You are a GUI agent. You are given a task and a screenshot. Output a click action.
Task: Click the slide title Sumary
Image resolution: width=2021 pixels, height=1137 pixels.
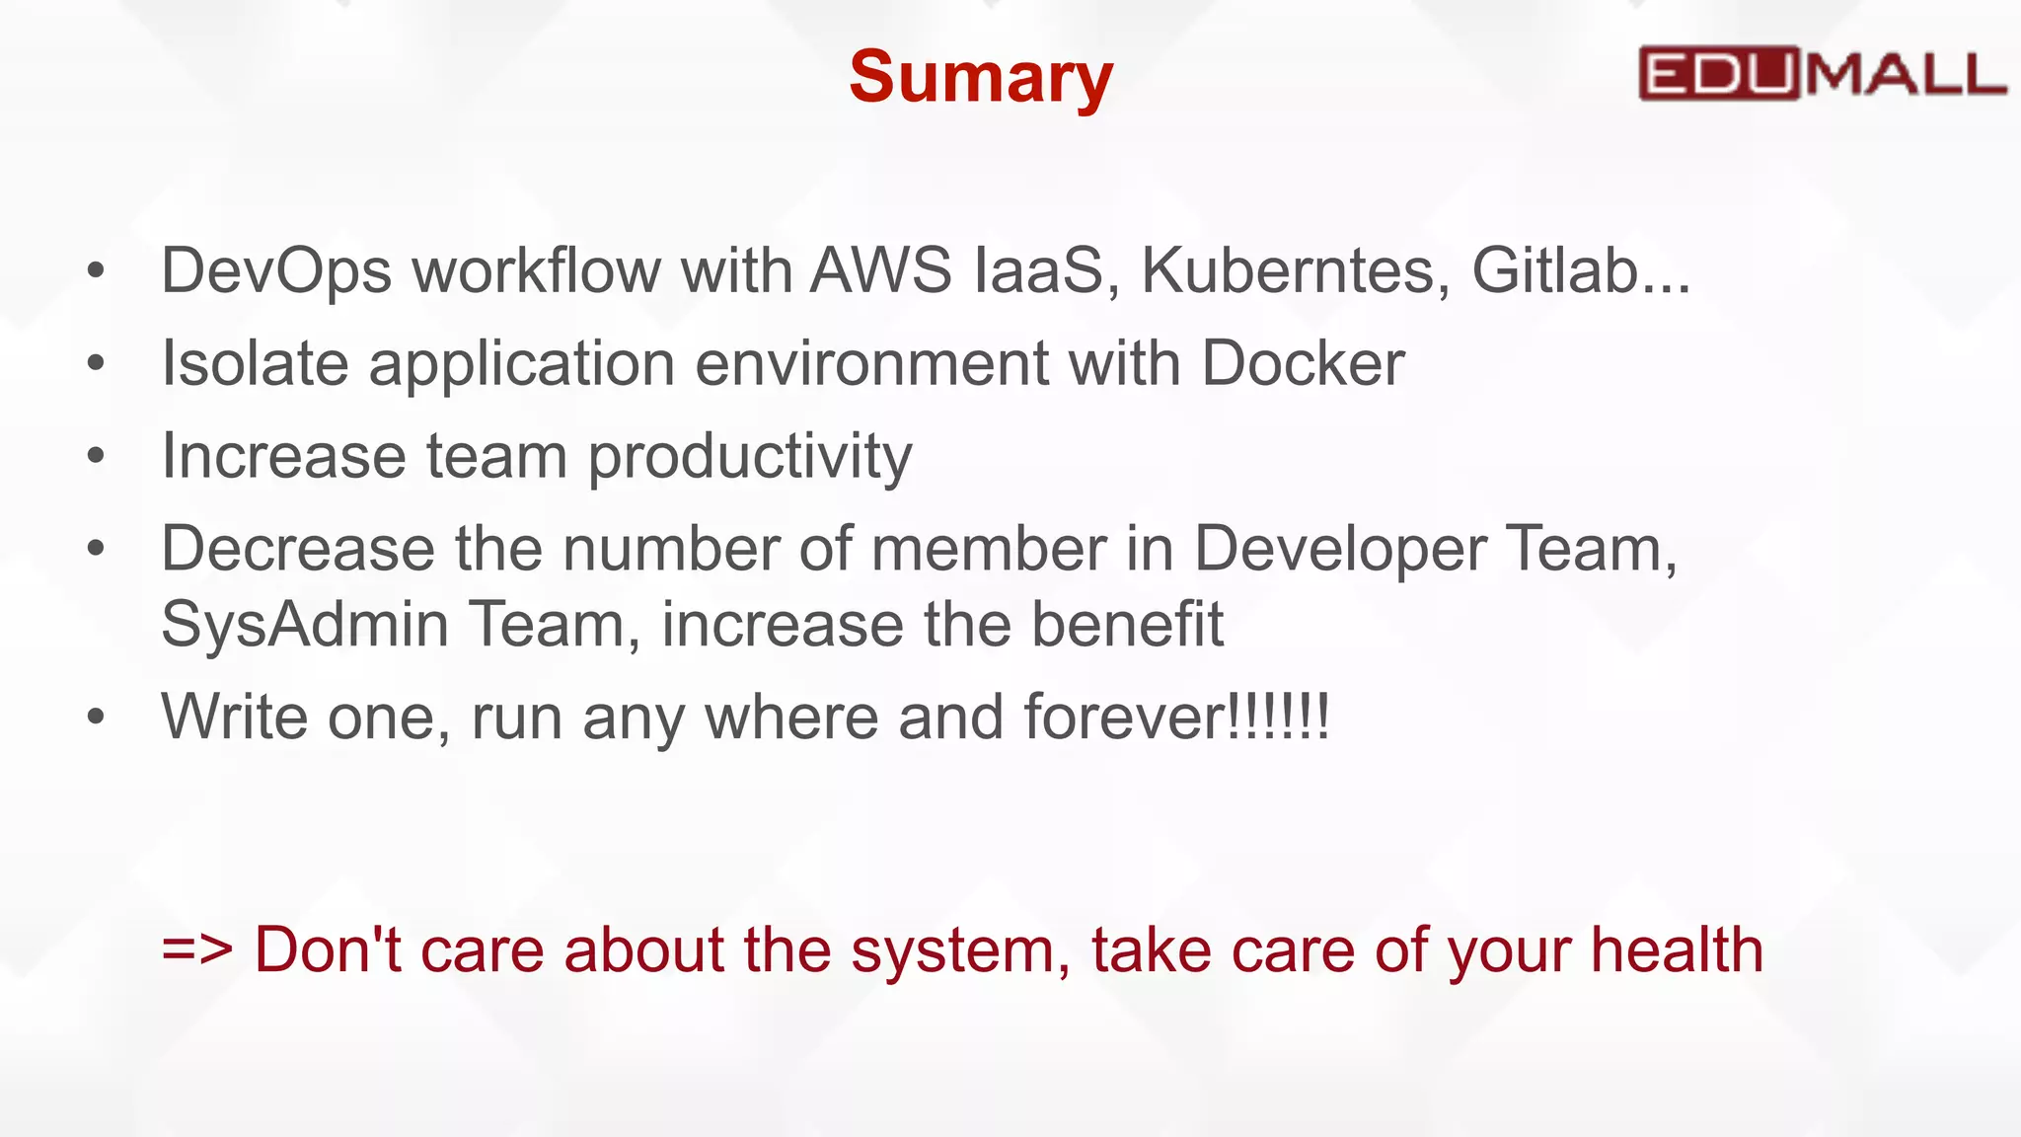[981, 77]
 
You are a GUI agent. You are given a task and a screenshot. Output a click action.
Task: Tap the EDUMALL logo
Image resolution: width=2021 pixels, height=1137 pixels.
[1822, 73]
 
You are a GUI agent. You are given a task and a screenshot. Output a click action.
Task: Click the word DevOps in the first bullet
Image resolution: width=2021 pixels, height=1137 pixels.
[276, 270]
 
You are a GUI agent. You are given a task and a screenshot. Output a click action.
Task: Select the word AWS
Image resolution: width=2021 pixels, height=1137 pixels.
[881, 270]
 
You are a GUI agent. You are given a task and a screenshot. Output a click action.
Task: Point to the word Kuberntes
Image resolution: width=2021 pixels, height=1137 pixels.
[1296, 270]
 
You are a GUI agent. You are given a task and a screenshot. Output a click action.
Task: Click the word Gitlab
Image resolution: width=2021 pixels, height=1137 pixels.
[1555, 270]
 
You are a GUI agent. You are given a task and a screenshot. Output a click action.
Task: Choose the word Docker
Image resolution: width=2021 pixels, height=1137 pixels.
[1303, 363]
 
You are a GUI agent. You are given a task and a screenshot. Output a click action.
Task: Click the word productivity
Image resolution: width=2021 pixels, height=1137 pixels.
[750, 457]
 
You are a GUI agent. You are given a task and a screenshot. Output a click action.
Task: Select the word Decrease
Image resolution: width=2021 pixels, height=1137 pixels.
[298, 549]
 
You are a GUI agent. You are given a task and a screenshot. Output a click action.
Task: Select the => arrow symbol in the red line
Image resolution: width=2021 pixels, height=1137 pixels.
[197, 950]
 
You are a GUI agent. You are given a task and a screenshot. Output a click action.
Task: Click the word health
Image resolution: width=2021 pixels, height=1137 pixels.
[1677, 950]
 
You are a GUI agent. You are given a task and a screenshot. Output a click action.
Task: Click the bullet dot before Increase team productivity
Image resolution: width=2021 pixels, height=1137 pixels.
[96, 456]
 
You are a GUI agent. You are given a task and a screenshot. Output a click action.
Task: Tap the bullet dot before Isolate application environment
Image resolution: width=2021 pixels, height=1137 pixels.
[96, 363]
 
